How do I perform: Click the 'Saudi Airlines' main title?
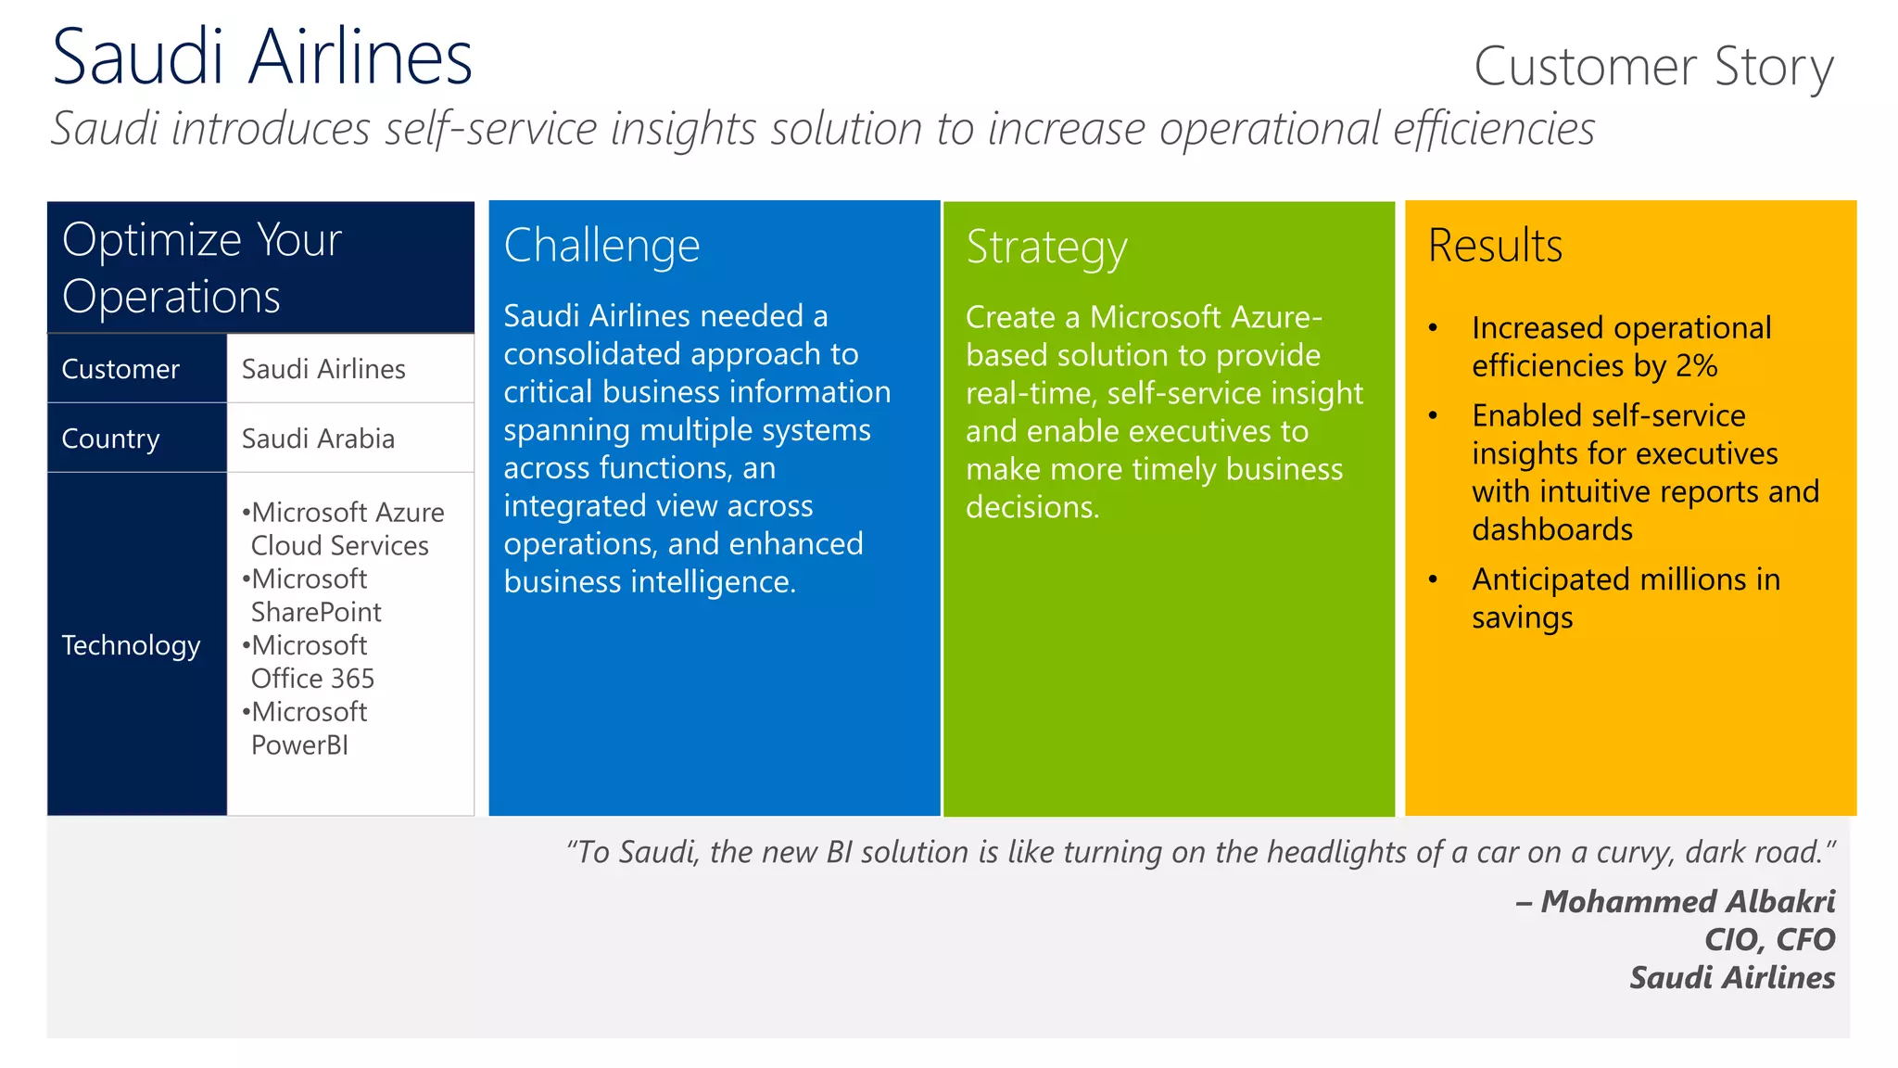coord(262,57)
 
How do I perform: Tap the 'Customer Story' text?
coord(1653,67)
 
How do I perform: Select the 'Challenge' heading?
coord(601,247)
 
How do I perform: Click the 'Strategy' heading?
coord(1046,248)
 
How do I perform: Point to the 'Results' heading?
coord(1495,247)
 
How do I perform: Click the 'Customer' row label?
coord(120,369)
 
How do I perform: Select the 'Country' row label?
coord(110,439)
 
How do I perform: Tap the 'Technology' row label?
coord(131,645)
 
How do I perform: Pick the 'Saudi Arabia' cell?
coord(318,439)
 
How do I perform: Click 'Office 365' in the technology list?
coord(312,679)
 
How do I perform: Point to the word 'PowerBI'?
coord(299,745)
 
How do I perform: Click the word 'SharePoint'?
coord(316,612)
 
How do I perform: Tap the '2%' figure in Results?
coord(1696,366)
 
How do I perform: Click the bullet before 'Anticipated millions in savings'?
coord(1433,580)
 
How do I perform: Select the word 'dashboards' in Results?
coord(1552,529)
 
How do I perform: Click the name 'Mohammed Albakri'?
coord(1687,901)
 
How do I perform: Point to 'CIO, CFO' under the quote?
coord(1769,939)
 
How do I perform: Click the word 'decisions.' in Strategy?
coord(1031,507)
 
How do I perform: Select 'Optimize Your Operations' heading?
coord(202,268)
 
